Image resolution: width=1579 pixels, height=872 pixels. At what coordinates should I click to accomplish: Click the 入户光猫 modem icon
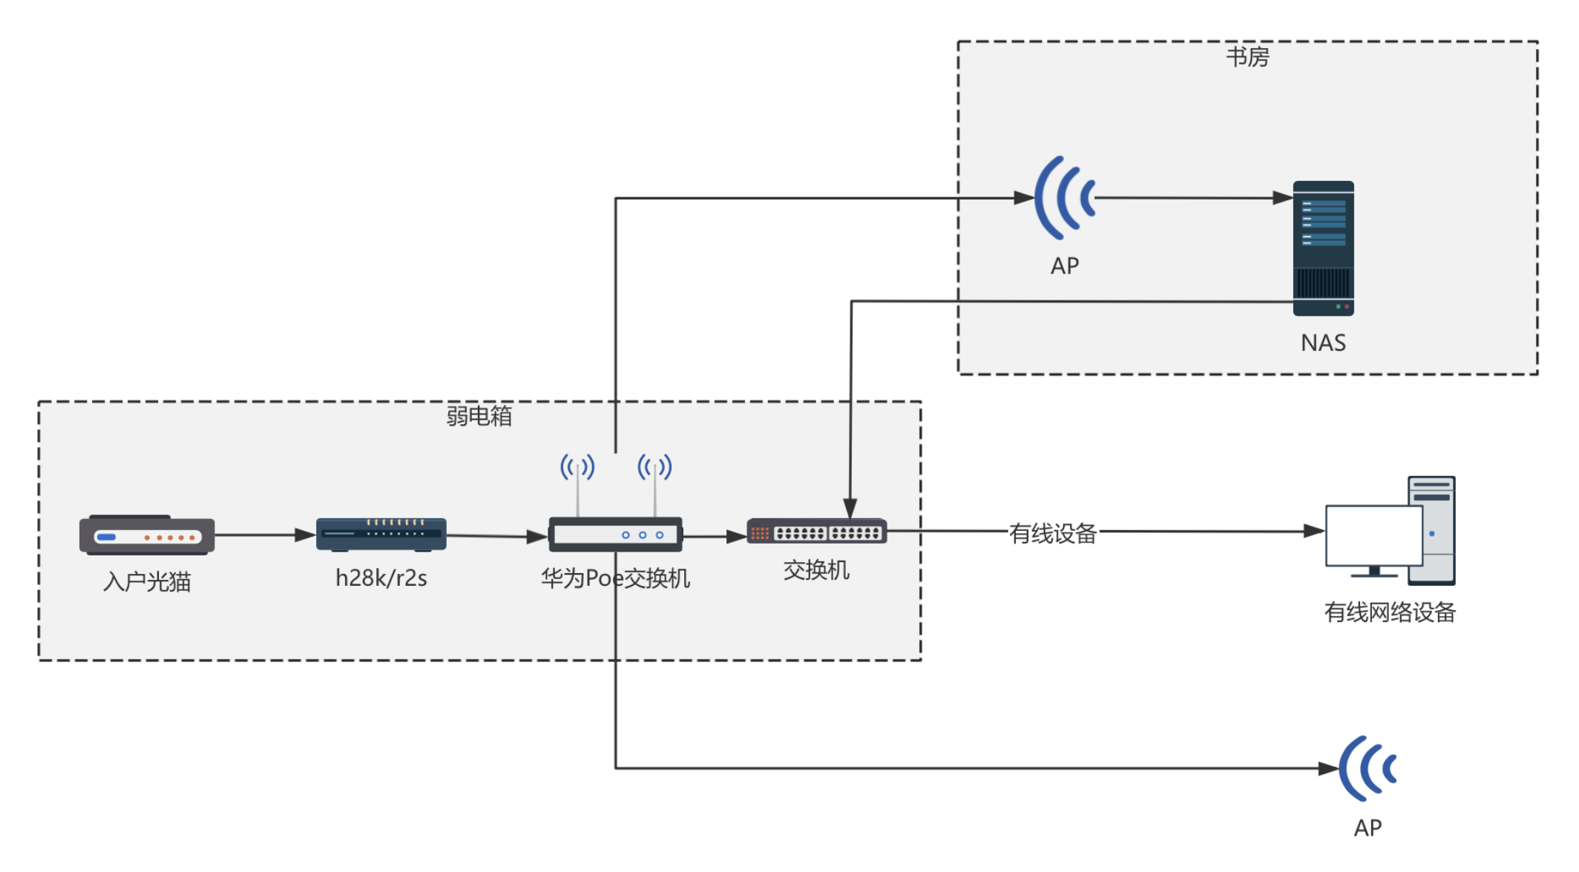click(147, 535)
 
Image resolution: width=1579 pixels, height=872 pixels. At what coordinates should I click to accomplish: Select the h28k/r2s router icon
click(381, 534)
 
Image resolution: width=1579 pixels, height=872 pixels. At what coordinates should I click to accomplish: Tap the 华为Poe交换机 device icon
click(615, 534)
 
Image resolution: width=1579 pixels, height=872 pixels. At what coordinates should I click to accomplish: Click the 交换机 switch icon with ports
click(816, 532)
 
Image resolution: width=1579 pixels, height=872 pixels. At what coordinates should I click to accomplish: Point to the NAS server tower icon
click(1323, 248)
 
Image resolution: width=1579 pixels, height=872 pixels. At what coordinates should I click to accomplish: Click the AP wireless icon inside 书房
click(1065, 198)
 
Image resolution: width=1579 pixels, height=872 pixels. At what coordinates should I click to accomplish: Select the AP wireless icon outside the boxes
click(1368, 768)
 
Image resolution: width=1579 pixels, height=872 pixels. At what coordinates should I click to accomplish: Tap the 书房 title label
click(1247, 57)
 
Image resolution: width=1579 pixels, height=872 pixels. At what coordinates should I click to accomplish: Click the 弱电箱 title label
click(479, 416)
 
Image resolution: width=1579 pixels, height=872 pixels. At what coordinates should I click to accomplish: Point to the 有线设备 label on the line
click(1052, 533)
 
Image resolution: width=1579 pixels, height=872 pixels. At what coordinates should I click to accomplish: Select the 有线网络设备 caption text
click(1390, 612)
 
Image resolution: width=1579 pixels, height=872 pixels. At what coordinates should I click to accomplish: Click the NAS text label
click(1323, 343)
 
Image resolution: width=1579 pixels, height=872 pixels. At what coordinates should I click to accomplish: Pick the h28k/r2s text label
click(381, 578)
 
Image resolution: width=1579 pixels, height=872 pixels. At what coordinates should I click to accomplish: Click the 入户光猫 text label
click(147, 581)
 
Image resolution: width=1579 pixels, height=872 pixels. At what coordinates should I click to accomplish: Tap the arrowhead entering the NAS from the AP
click(1283, 198)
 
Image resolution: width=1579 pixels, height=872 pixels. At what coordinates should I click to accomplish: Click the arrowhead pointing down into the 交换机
click(850, 509)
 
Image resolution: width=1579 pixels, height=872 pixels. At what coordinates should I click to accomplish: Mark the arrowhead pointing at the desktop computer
click(1314, 531)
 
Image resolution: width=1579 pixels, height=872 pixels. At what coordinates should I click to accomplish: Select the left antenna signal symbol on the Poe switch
click(577, 467)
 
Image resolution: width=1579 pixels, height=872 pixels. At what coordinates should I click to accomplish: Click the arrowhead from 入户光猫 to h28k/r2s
click(305, 535)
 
